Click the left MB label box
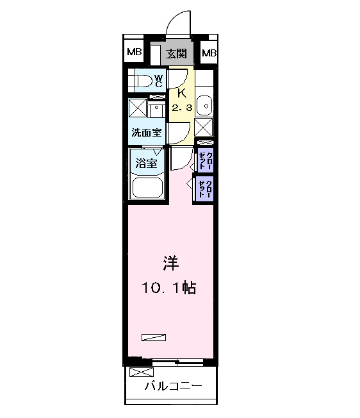134,53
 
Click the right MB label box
209,53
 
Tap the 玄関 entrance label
177,53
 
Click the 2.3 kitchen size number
181,108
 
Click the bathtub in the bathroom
148,188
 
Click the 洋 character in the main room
169,263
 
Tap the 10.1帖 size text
169,288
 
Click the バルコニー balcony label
173,387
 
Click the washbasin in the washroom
157,110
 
